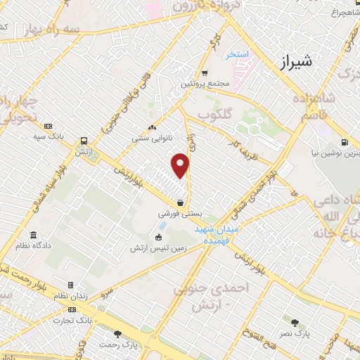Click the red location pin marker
pyautogui.click(x=181, y=165)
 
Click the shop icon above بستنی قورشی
pyautogui.click(x=181, y=202)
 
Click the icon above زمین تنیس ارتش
pyautogui.click(x=158, y=236)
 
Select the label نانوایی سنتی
pyautogui.click(x=153, y=139)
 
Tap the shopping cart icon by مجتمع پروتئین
pyautogui.click(x=204, y=73)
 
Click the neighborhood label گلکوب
pyautogui.click(x=214, y=114)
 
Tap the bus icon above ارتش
pyautogui.click(x=84, y=141)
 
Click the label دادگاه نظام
pyautogui.click(x=32, y=244)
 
